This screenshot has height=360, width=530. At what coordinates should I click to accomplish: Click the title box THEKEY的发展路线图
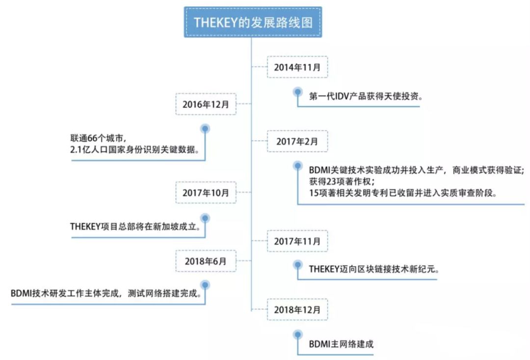253,22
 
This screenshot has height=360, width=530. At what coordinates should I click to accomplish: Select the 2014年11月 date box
297,67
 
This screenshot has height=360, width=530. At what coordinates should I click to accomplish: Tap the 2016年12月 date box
206,104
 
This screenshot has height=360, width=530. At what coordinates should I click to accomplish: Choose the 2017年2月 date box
297,141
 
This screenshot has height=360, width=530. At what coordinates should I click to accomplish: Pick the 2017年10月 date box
206,193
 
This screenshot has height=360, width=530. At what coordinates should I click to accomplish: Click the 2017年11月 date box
297,241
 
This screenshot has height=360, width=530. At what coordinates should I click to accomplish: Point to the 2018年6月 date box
206,261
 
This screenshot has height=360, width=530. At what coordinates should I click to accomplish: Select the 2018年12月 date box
297,309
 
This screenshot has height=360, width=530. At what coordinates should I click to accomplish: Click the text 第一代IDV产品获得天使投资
366,97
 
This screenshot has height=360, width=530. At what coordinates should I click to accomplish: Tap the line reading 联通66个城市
100,138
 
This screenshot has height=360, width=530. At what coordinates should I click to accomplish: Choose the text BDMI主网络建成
341,344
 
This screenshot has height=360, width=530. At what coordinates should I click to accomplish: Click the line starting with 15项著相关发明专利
403,193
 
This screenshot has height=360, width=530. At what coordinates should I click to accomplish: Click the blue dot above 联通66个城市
206,129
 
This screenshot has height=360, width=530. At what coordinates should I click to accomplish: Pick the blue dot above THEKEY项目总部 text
206,217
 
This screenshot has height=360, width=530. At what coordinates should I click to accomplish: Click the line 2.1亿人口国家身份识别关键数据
134,150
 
